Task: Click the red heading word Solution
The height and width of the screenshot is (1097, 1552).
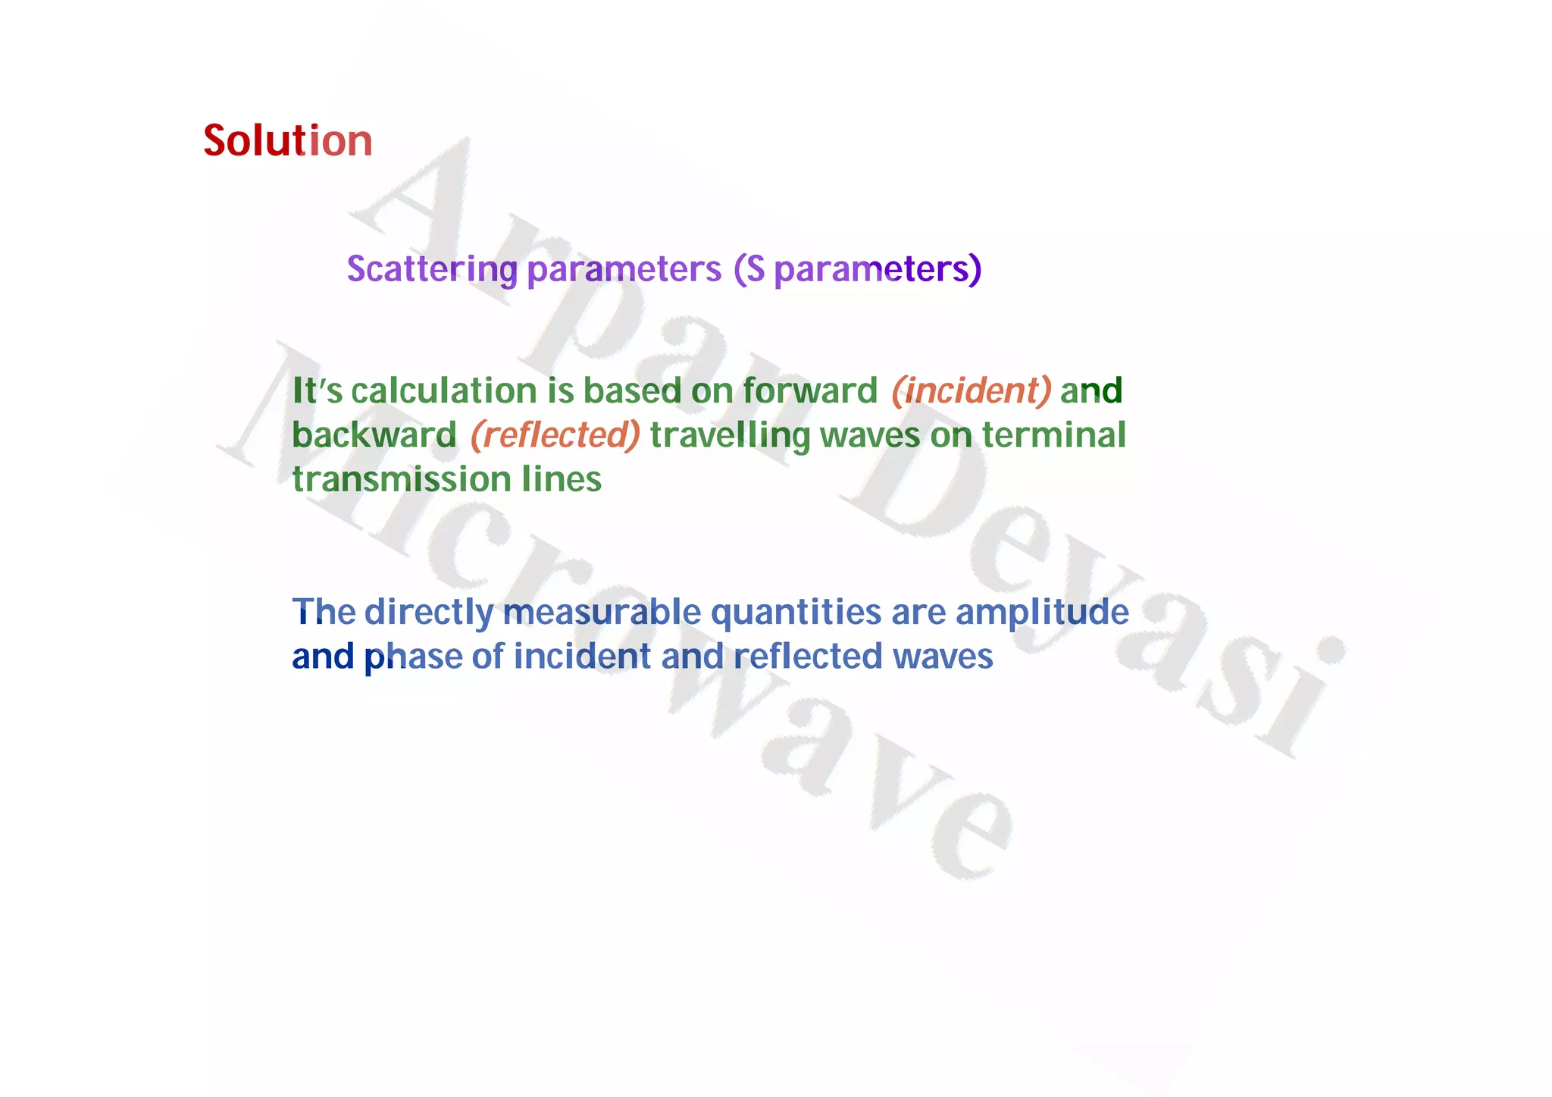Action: pos(287,141)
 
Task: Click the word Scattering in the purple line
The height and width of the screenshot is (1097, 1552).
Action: pos(432,269)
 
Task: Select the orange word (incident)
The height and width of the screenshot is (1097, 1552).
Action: pos(972,391)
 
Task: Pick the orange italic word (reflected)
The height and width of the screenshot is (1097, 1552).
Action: pos(555,436)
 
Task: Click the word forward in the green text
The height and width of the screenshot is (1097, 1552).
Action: pos(809,391)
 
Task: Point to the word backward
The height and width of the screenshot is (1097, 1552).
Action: pos(374,436)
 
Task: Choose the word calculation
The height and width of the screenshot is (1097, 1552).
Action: pos(444,391)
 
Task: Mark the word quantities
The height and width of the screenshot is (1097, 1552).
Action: pos(796,612)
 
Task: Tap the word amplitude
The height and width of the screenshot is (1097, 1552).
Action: pos(1042,612)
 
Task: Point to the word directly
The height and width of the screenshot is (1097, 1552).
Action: pos(429,612)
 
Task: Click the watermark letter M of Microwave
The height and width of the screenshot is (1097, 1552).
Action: pos(280,409)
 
